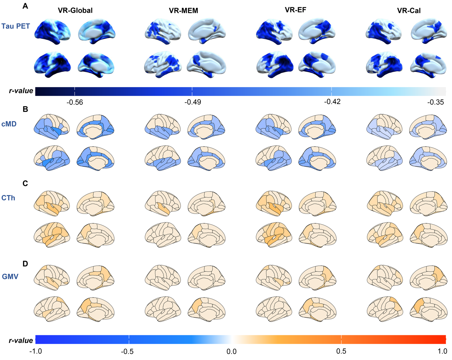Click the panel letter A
[25, 6]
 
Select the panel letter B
[25, 109]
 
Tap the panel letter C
[25, 184]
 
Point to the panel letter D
[25, 264]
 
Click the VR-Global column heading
[75, 10]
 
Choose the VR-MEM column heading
[183, 10]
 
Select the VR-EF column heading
[295, 10]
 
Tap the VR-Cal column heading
[409, 10]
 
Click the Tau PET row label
[15, 26]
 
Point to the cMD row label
[9, 124]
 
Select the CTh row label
[8, 198]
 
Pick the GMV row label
[10, 277]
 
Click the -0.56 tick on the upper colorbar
[75, 102]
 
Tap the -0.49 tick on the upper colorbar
[192, 102]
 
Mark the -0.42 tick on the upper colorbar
[332, 102]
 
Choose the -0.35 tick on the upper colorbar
[435, 102]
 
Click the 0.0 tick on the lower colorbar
[232, 351]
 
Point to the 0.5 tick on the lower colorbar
[341, 351]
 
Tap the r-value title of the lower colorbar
[21, 340]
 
